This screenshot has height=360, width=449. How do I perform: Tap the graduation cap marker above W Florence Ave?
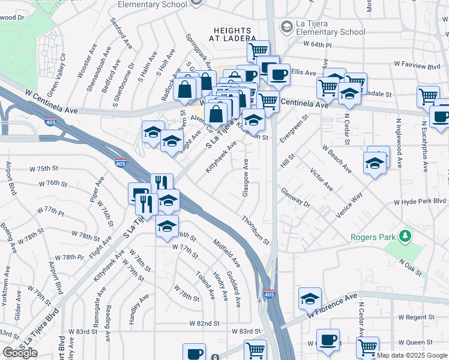(x=310, y=298)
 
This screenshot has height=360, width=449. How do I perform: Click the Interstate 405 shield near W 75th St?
(x=120, y=163)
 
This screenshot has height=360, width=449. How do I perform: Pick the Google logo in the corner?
(x=20, y=352)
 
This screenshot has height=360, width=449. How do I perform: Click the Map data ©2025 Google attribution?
(x=412, y=355)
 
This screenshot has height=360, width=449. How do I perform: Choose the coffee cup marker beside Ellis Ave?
(x=278, y=74)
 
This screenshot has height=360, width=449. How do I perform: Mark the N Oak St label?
(x=407, y=266)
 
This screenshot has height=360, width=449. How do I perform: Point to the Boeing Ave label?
(x=8, y=235)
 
